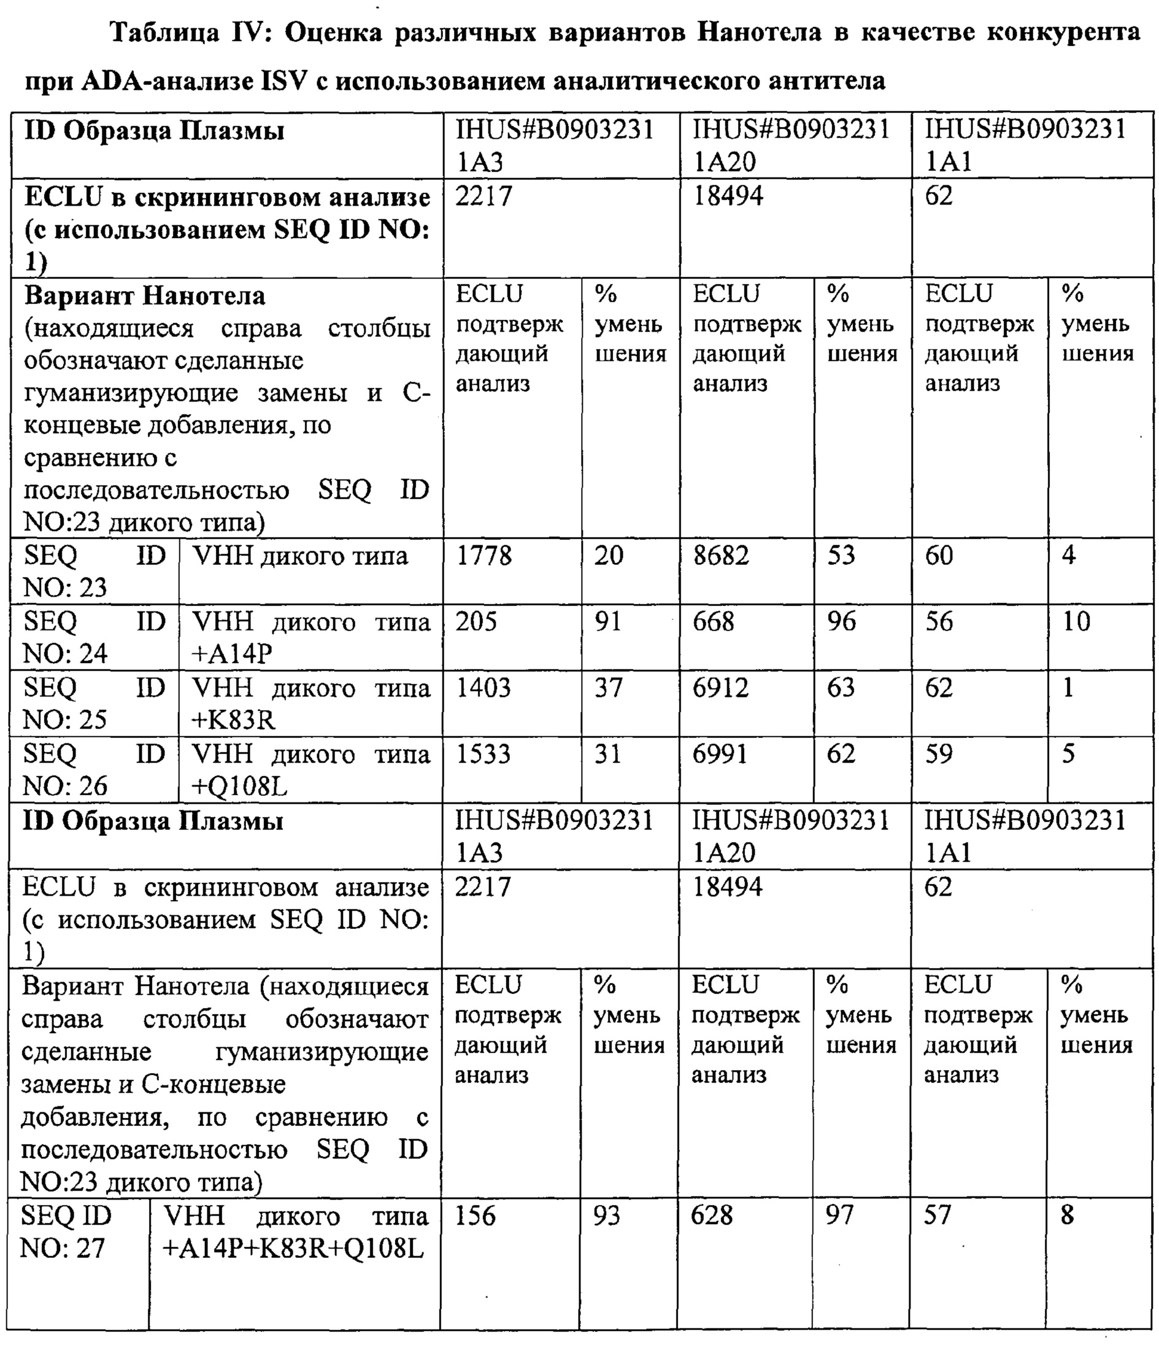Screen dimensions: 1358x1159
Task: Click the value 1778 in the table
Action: pyautogui.click(x=483, y=556)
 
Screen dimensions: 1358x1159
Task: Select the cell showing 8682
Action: pyautogui.click(x=721, y=556)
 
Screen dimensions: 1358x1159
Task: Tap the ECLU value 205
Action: pyautogui.click(x=476, y=621)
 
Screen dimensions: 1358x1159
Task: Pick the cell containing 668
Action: pyautogui.click(x=714, y=621)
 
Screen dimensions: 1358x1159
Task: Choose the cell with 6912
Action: pyautogui.click(x=721, y=688)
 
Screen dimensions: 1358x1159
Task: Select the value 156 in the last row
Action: pyautogui.click(x=475, y=1216)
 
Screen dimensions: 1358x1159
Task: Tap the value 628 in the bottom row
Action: pyautogui.click(x=712, y=1216)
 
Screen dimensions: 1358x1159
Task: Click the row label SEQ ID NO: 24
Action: pyautogui.click(x=94, y=638)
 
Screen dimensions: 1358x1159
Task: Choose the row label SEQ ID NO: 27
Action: pyautogui.click(x=66, y=1232)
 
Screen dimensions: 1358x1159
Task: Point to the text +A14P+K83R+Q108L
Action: pyautogui.click(x=293, y=1249)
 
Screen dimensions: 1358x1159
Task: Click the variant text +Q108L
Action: pyautogui.click(x=240, y=786)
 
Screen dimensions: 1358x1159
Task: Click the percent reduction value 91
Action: pyautogui.click(x=608, y=621)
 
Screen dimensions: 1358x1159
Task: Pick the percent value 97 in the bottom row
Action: pyautogui.click(x=839, y=1216)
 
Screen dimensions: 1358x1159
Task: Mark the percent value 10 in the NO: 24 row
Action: pyautogui.click(x=1076, y=621)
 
